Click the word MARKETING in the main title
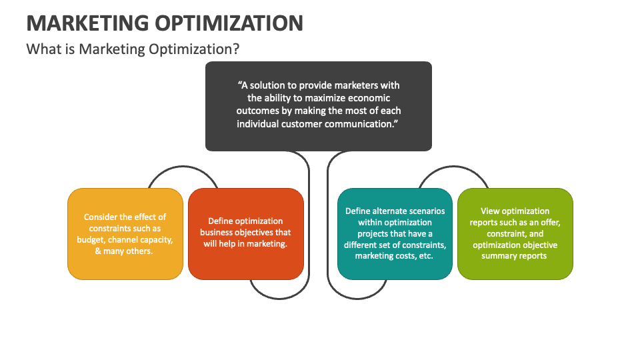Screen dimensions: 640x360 coord(87,23)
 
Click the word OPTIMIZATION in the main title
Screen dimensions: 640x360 coord(229,23)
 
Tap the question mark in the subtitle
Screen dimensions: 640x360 coord(235,49)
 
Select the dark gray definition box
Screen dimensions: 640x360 coord(319,106)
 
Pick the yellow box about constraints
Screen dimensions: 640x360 coord(125,234)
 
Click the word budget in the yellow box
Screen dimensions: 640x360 coord(91,240)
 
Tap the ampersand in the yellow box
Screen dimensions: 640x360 coord(98,251)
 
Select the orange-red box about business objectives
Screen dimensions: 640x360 coord(246,234)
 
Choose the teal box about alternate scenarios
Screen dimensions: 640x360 coord(395,234)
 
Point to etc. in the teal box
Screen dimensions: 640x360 coord(426,256)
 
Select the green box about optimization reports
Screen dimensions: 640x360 coord(515,234)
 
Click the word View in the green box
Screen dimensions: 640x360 coord(490,211)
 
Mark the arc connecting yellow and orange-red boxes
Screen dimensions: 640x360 coord(183,167)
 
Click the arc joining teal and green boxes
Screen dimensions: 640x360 coord(453,167)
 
